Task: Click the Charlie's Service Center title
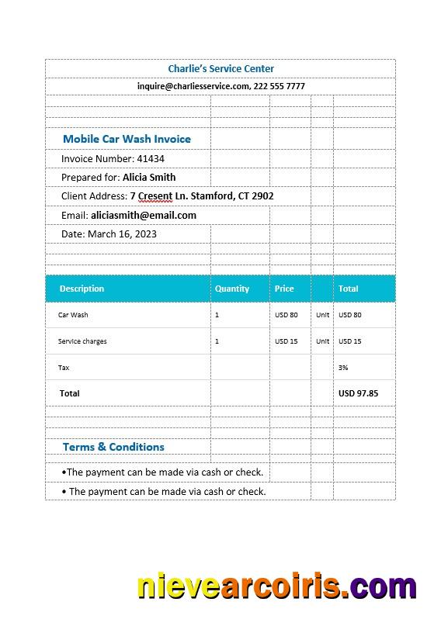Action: click(x=220, y=69)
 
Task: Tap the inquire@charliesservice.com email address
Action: click(x=193, y=86)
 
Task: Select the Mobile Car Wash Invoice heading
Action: click(x=127, y=139)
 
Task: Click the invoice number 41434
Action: click(x=151, y=158)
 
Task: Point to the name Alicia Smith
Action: click(x=149, y=177)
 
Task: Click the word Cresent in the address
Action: click(x=155, y=196)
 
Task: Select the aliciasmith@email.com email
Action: click(x=143, y=215)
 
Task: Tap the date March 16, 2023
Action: click(x=122, y=233)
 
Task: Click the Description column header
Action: click(x=82, y=289)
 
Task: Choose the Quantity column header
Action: click(x=232, y=289)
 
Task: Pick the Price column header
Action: click(x=284, y=289)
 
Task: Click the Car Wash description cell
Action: click(x=73, y=315)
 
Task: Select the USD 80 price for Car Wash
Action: click(x=286, y=315)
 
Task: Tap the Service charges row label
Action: click(x=82, y=341)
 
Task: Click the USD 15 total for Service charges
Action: click(x=350, y=341)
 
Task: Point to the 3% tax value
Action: click(x=343, y=368)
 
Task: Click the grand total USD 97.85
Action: click(x=358, y=393)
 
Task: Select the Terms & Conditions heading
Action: click(x=113, y=447)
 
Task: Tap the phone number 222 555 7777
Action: click(x=279, y=86)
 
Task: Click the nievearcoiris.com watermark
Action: click(x=276, y=586)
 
